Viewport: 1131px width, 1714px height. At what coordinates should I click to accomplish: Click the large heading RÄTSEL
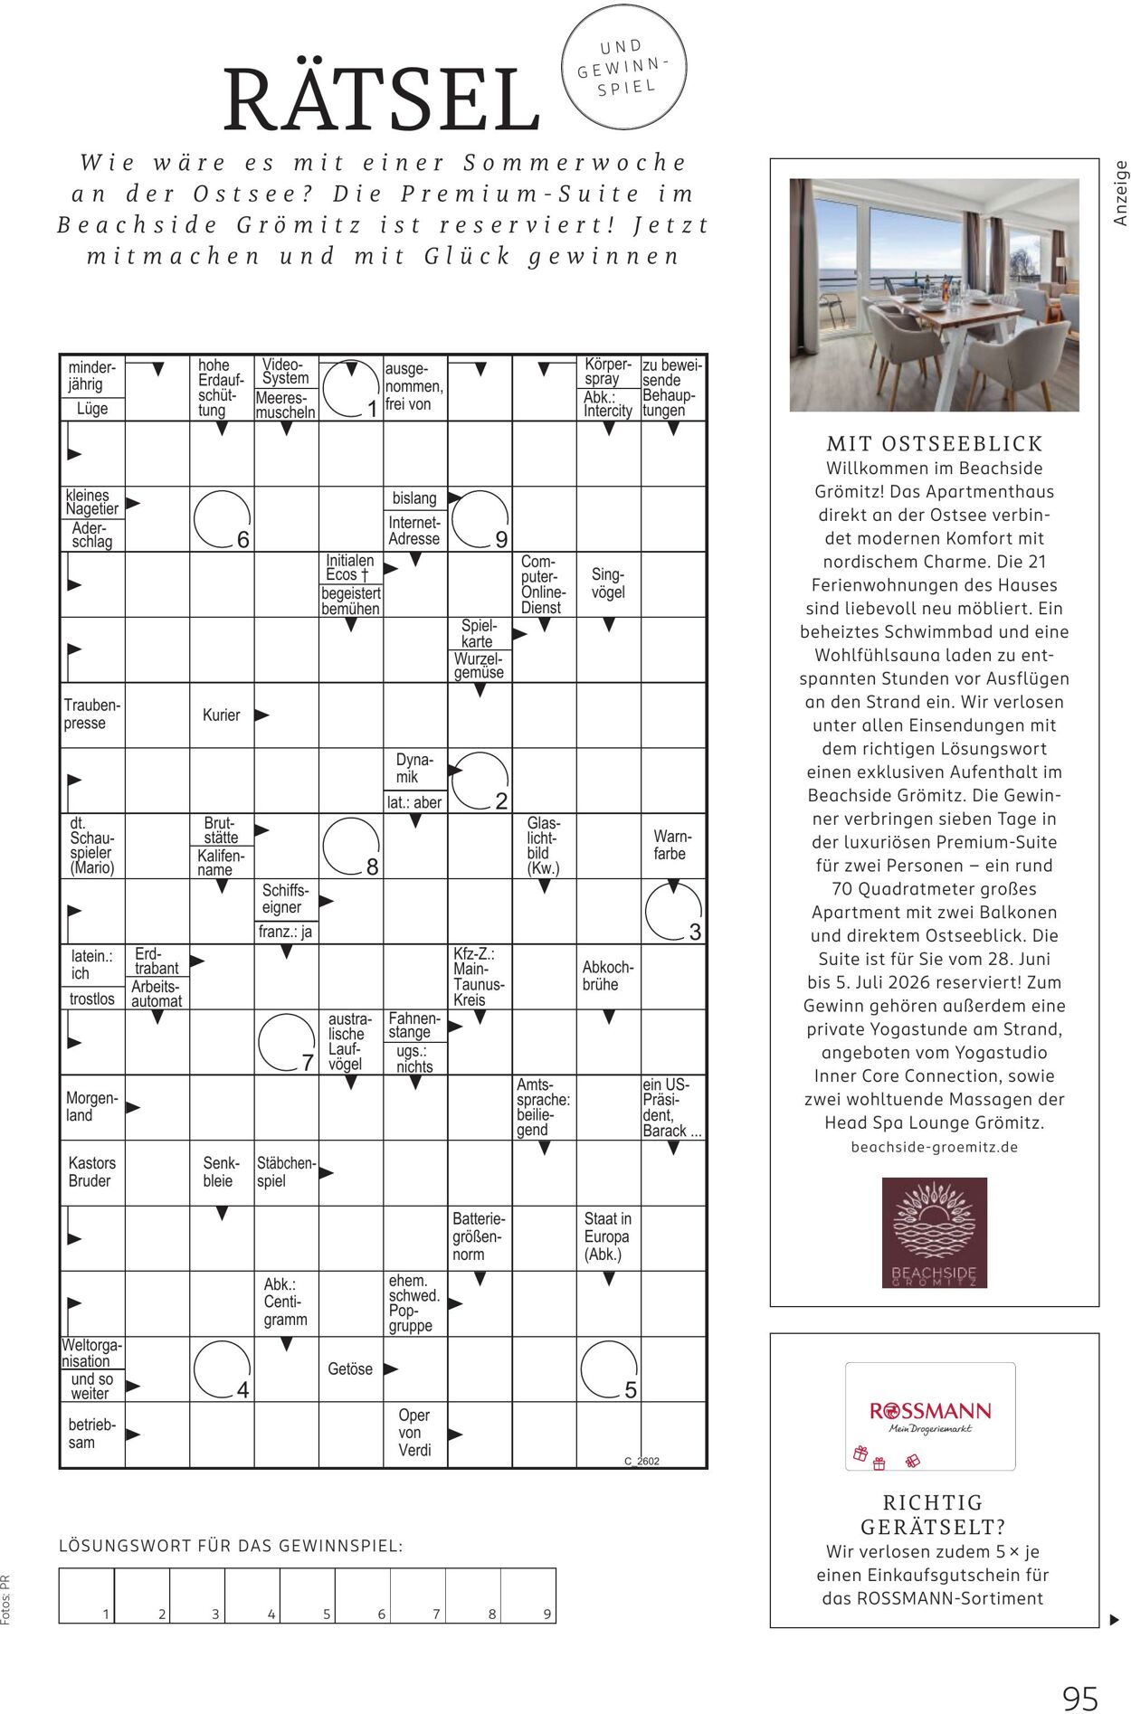coord(381,99)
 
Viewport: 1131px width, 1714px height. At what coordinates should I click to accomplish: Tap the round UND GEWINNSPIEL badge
coord(623,67)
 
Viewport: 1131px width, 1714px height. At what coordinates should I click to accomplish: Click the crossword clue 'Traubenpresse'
coord(91,715)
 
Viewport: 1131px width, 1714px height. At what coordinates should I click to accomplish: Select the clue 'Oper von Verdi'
coord(414,1433)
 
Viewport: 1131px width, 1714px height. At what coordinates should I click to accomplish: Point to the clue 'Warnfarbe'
coord(671,845)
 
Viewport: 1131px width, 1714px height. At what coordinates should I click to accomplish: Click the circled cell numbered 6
coord(222,519)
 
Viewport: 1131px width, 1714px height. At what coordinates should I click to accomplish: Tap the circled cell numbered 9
coord(480,519)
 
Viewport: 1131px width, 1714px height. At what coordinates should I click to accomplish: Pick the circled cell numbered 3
coord(673,912)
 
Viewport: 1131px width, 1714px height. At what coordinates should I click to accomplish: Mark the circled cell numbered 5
coord(609,1369)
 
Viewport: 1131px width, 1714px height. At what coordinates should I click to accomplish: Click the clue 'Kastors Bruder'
coord(91,1172)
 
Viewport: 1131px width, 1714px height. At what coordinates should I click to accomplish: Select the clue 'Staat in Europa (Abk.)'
coord(608,1236)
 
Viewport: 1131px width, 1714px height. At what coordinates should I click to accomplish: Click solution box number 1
coord(87,1595)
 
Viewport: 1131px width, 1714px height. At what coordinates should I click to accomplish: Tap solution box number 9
coord(528,1595)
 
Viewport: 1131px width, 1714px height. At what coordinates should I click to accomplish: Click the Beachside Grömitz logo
coord(934,1232)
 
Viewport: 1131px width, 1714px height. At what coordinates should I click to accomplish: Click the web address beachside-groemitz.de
coord(934,1147)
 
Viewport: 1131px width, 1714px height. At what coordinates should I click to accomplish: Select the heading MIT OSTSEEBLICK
coord(935,444)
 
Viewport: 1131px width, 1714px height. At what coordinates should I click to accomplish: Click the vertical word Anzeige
coord(1121,193)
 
